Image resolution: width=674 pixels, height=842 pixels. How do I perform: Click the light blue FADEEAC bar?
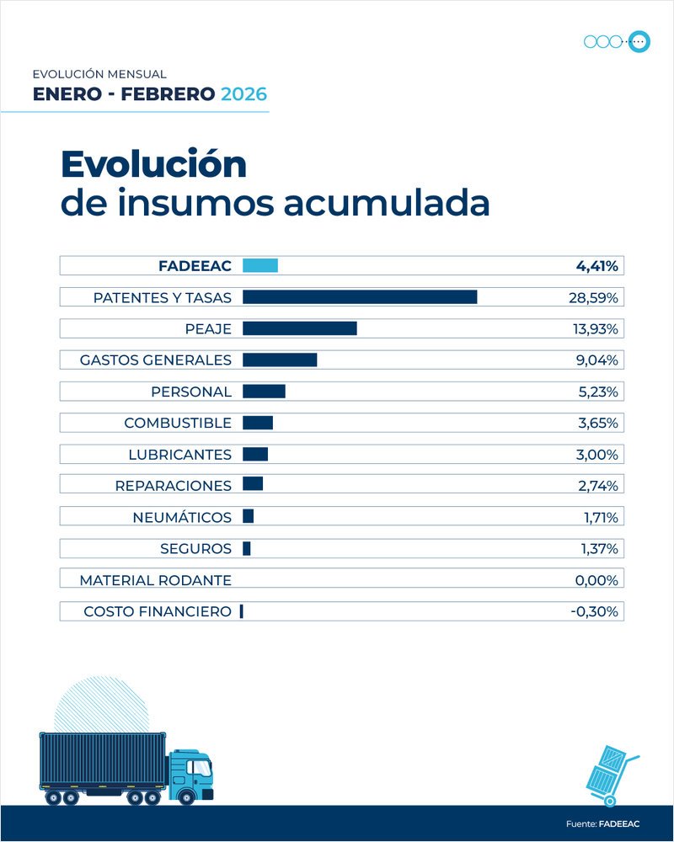pyautogui.click(x=260, y=266)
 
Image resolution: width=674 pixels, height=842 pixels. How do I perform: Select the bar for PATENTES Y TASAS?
pyautogui.click(x=360, y=297)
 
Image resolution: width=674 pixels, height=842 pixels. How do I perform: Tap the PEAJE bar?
pyautogui.click(x=300, y=328)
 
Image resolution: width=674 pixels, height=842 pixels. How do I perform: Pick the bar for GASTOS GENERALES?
pyautogui.click(x=280, y=360)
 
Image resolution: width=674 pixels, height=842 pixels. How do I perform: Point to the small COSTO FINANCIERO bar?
pyautogui.click(x=242, y=611)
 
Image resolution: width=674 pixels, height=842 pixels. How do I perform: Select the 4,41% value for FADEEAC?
pyautogui.click(x=596, y=266)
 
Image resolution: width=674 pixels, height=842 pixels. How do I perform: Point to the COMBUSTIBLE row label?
pyautogui.click(x=178, y=423)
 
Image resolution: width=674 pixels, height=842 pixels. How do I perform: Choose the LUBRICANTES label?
pyautogui.click(x=179, y=455)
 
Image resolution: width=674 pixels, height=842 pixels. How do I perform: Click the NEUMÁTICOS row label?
pyautogui.click(x=182, y=517)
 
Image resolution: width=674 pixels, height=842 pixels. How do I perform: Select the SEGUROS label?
pyautogui.click(x=195, y=549)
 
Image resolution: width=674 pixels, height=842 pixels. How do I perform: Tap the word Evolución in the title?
pyautogui.click(x=153, y=164)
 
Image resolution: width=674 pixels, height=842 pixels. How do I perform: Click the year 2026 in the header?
pyautogui.click(x=243, y=94)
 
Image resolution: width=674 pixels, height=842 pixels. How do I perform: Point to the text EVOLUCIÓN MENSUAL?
pyautogui.click(x=99, y=74)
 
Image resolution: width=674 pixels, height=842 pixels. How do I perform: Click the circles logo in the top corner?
pyautogui.click(x=617, y=41)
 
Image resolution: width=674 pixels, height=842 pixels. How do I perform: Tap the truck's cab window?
pyautogui.click(x=199, y=768)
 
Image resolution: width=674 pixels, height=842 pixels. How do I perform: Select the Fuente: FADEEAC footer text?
pyautogui.click(x=602, y=823)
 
